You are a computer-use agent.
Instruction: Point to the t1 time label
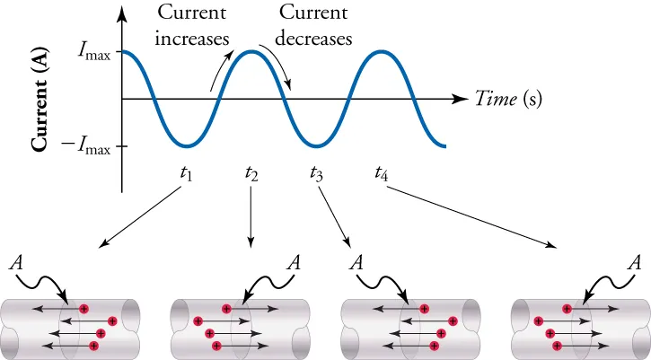[186, 172]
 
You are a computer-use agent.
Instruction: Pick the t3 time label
[316, 172]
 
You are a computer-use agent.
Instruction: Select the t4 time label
[381, 172]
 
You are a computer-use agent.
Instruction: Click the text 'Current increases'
[191, 26]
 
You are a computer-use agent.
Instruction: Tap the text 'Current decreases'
[314, 26]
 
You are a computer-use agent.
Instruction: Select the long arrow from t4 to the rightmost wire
[477, 216]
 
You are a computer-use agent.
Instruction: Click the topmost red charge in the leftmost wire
[84, 309]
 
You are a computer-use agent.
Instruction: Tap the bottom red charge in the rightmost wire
[558, 345]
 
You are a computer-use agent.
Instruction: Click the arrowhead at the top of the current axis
[122, 13]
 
